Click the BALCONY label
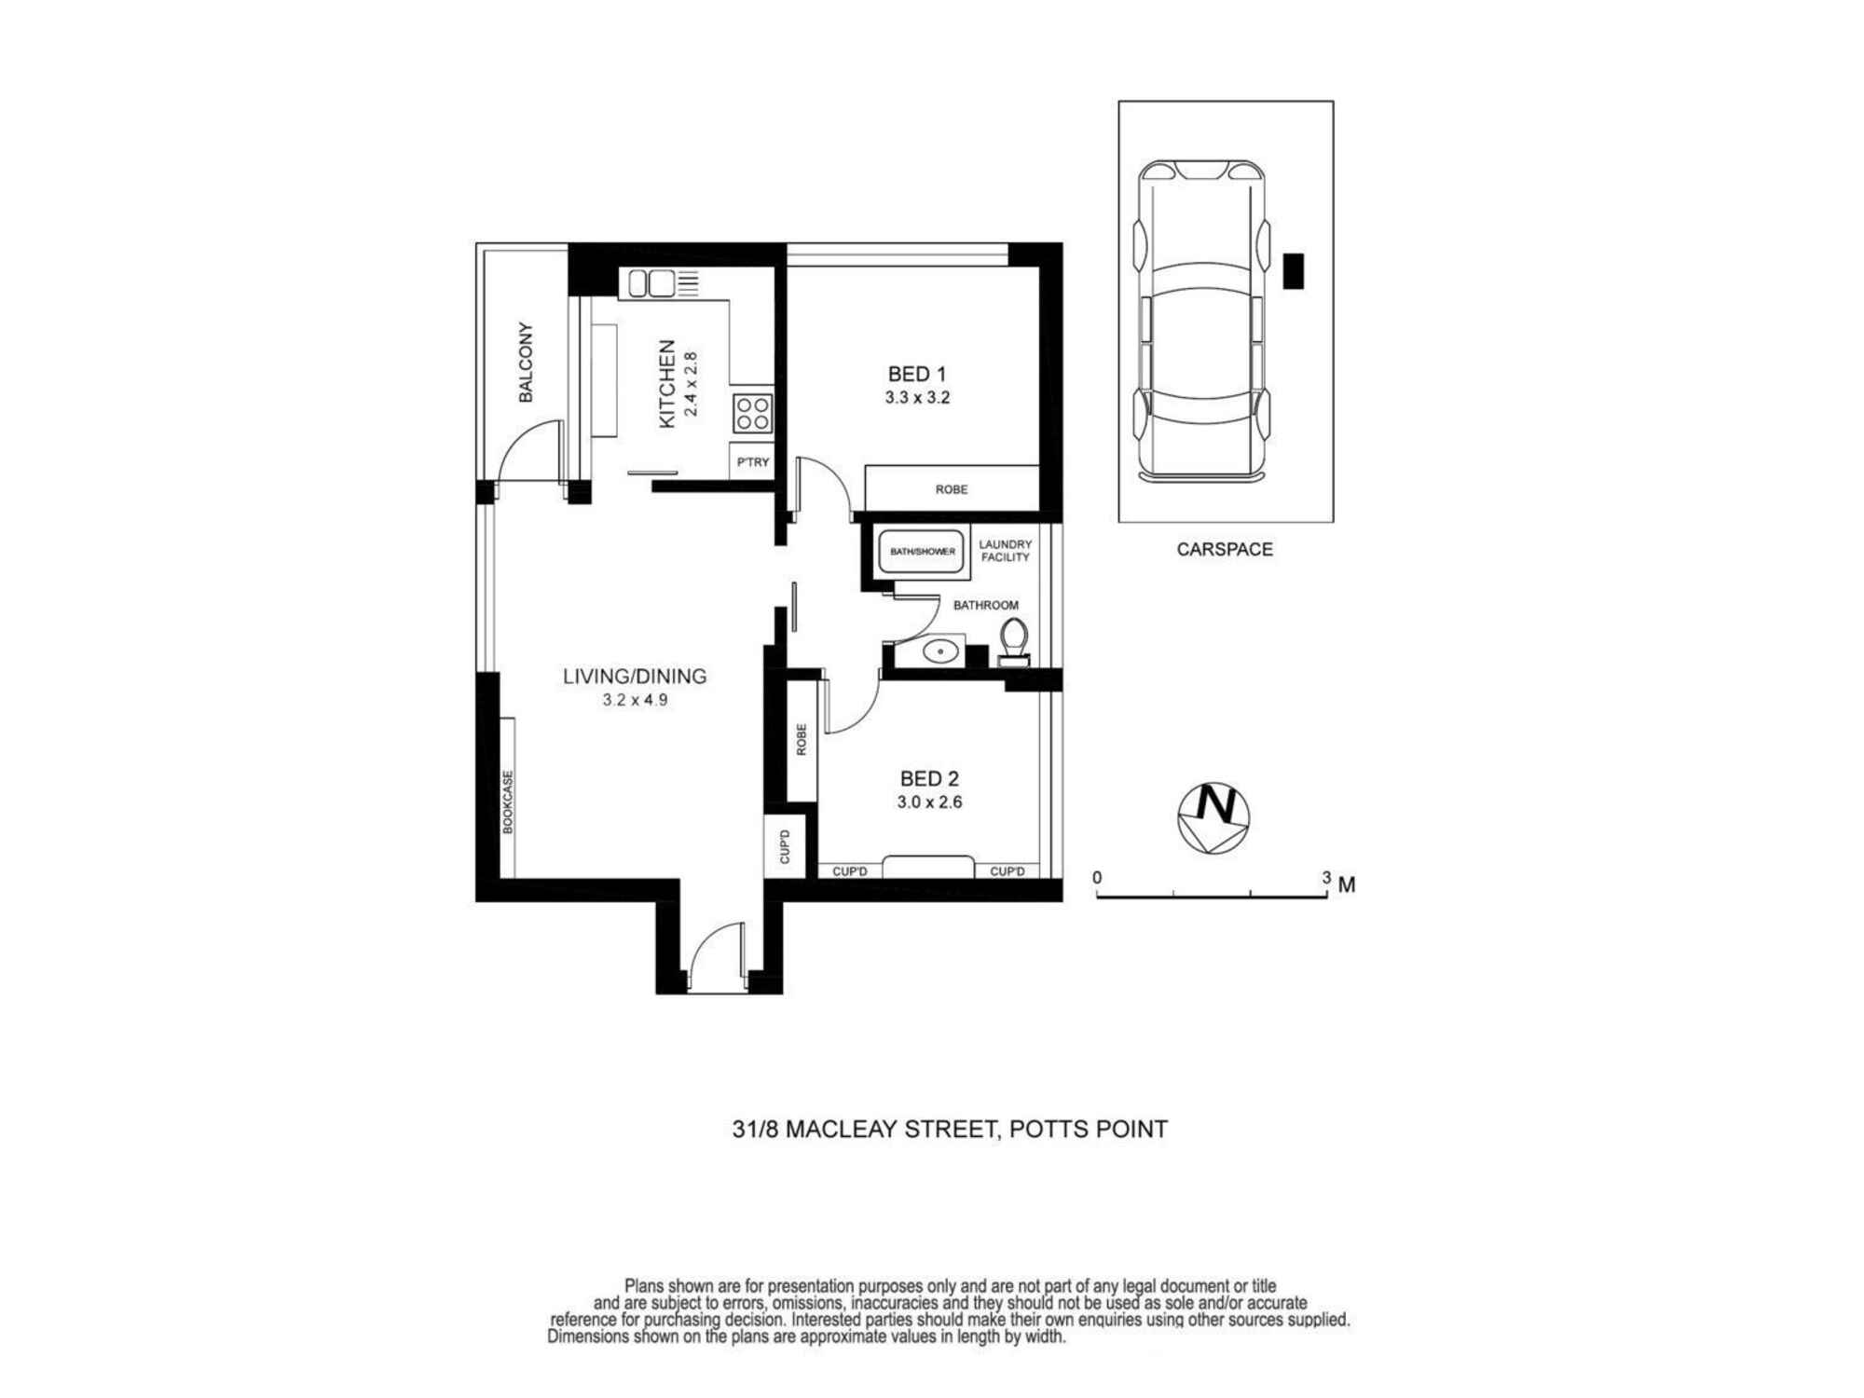[526, 363]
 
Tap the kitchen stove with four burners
[752, 413]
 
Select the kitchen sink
[651, 282]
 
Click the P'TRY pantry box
[752, 462]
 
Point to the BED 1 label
[917, 374]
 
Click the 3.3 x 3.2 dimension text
[917, 398]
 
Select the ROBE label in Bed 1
[952, 489]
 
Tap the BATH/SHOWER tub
[922, 552]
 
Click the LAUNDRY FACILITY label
[1006, 551]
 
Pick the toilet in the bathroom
[1014, 642]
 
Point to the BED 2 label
[929, 778]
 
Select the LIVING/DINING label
[635, 676]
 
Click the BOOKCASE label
[508, 802]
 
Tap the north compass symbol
[1213, 818]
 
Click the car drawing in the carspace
[1202, 322]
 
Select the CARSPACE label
[1225, 550]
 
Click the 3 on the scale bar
[1326, 877]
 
